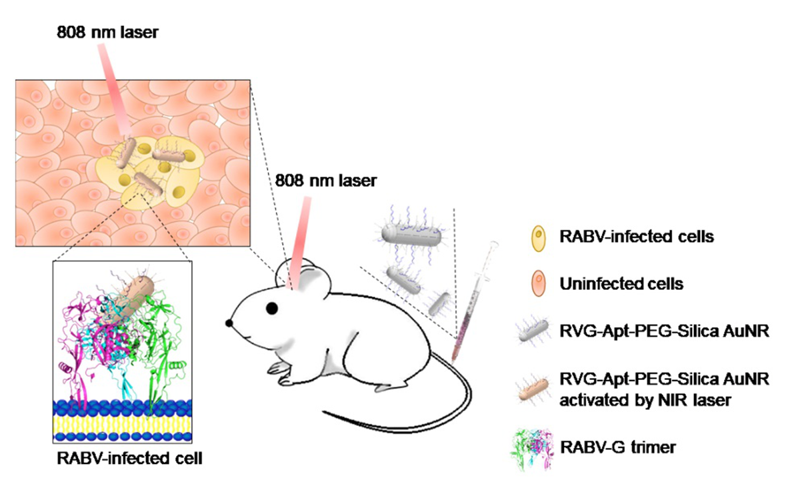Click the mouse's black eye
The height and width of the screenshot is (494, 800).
272,308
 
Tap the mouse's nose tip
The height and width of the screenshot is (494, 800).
229,323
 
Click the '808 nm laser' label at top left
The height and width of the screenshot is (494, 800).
107,31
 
